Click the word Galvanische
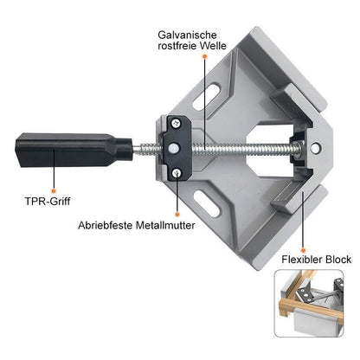click(187, 35)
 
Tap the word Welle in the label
click(214, 46)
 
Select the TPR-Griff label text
click(48, 201)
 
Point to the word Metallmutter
click(165, 225)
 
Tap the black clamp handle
click(74, 150)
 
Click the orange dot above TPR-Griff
click(53, 190)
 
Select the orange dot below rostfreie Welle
click(205, 57)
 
